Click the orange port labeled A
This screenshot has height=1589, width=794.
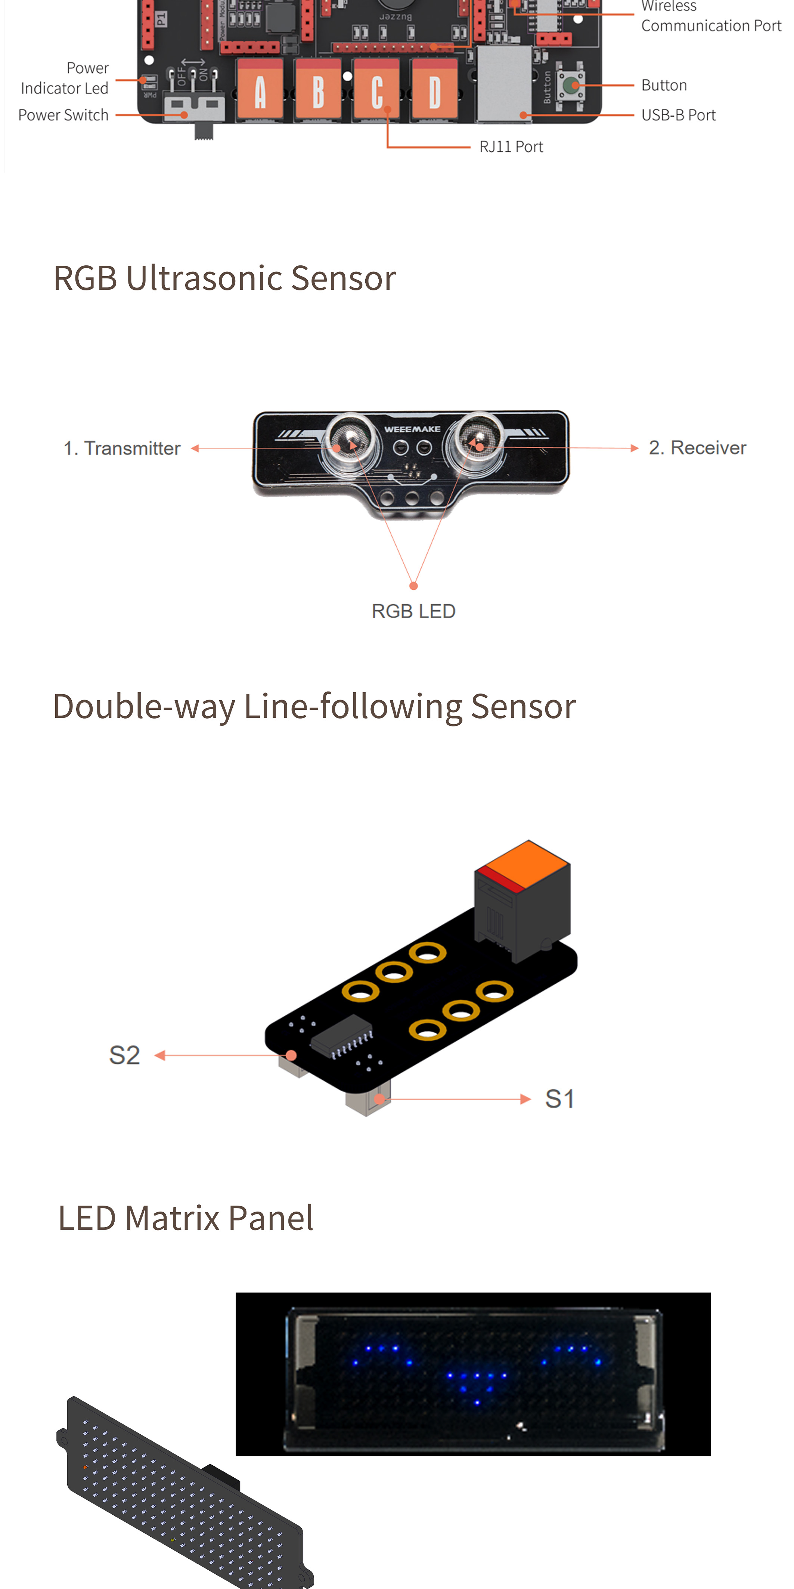pos(260,91)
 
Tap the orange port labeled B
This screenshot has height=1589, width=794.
pos(318,91)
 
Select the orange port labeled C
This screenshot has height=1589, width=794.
pos(376,91)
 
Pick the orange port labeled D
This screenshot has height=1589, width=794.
pos(435,91)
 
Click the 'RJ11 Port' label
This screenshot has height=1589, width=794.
pos(511,147)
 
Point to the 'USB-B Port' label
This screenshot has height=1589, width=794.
pos(678,115)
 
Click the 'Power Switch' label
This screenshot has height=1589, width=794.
pos(63,115)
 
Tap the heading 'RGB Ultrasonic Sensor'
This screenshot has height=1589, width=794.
pos(224,278)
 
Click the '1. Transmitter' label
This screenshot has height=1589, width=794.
pos(122,448)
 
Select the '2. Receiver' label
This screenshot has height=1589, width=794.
pos(697,448)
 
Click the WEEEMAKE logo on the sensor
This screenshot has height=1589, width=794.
pos(412,429)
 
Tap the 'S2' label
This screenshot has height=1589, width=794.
pos(124,1055)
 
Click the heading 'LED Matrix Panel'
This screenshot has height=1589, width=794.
pos(186,1218)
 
